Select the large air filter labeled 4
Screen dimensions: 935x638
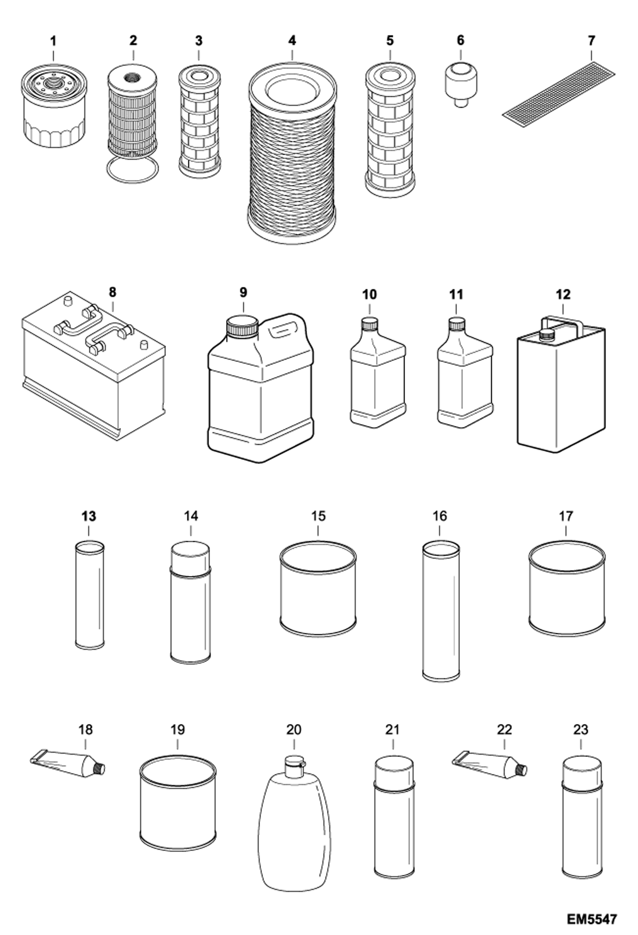pos(292,153)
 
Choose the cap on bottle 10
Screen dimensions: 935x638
pos(370,324)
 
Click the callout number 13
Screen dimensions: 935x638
pos(89,517)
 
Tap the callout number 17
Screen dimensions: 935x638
pos(566,517)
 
